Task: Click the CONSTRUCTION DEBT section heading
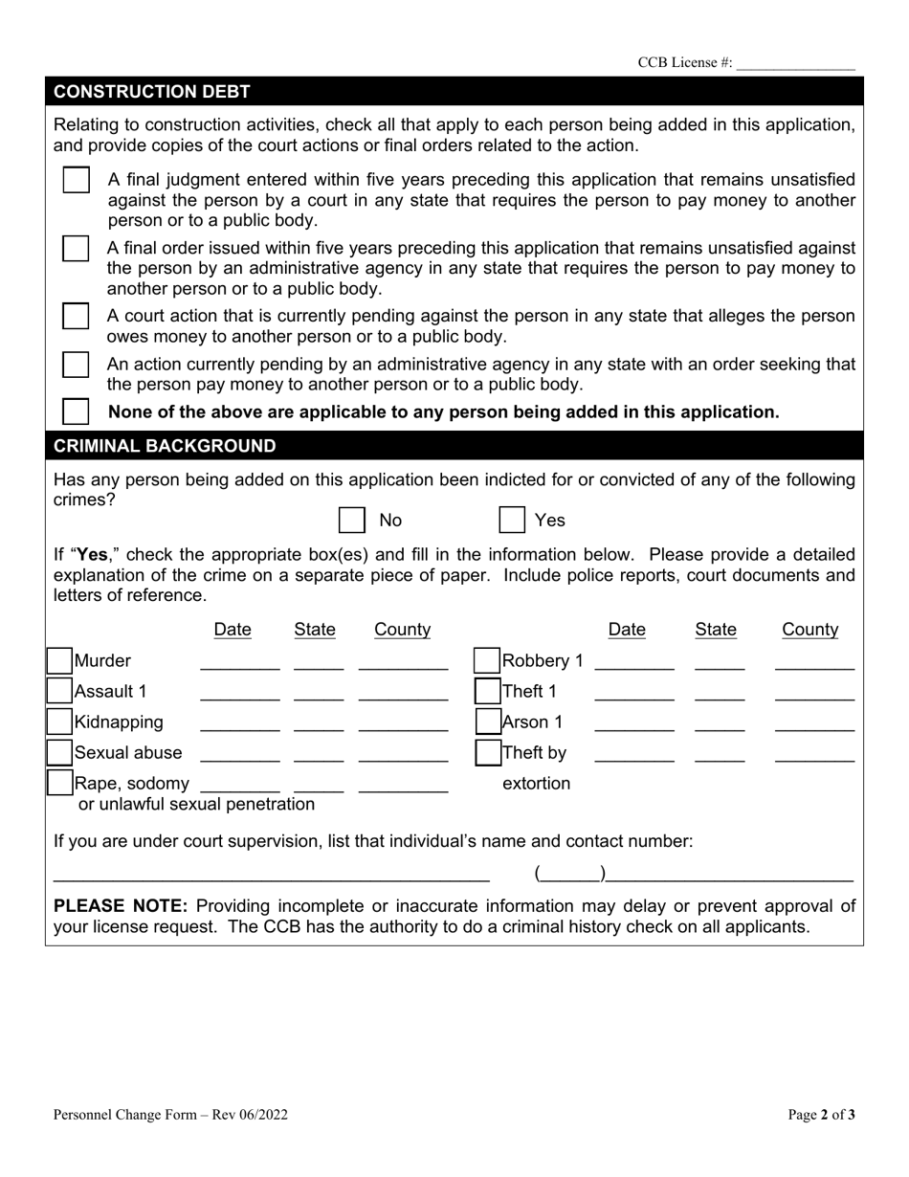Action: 152,92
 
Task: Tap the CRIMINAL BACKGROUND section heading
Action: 165,446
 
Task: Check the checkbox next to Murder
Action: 60,661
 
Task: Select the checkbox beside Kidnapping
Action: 60,722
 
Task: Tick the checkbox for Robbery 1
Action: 487,661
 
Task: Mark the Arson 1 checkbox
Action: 487,722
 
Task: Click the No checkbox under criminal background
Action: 352,521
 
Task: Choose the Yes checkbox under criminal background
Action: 512,521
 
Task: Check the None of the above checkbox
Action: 76,412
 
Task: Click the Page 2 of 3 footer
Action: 821,1114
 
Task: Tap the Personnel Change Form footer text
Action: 170,1114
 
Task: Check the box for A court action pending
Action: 76,316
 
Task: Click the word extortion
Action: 536,784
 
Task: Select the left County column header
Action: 402,630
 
